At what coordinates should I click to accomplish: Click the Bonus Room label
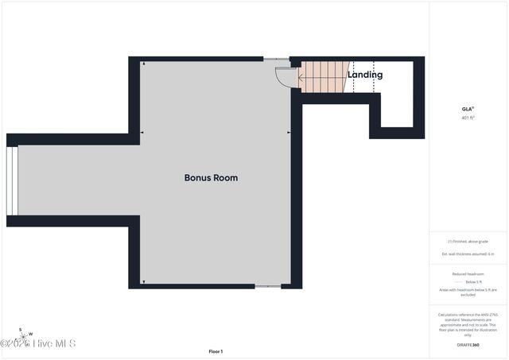[x=211, y=178]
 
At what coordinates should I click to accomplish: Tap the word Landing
[x=365, y=75]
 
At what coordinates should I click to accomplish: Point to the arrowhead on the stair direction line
[x=301, y=77]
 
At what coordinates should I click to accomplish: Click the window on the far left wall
[x=11, y=181]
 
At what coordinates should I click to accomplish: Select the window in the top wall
[x=277, y=59]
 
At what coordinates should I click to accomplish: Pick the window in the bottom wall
[x=267, y=286]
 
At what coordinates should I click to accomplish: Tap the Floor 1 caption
[x=216, y=350]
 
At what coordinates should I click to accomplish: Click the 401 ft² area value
[x=468, y=118]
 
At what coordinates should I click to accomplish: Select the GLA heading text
[x=468, y=108]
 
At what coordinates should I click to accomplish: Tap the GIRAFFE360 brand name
[x=468, y=346]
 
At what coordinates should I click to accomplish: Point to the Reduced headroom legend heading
[x=468, y=273]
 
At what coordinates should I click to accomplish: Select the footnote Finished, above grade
[x=468, y=242]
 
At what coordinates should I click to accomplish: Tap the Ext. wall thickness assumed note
[x=468, y=254]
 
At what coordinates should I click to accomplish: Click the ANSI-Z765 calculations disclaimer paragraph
[x=468, y=324]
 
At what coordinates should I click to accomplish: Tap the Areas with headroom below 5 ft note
[x=468, y=292]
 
